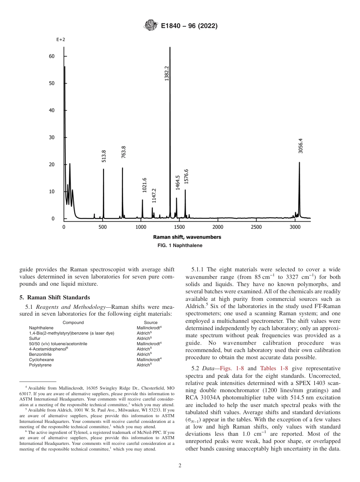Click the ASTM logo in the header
[151, 26]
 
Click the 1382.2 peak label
[167, 72]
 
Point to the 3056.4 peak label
[301, 146]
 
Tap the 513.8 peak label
[104, 156]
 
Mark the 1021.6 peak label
[144, 185]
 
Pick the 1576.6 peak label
[186, 176]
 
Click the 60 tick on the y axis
[51, 56]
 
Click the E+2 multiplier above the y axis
[61, 39]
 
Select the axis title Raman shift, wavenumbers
[187, 237]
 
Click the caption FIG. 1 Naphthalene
[180, 246]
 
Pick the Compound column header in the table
[73, 322]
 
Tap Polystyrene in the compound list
[40, 365]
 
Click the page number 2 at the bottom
[180, 466]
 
